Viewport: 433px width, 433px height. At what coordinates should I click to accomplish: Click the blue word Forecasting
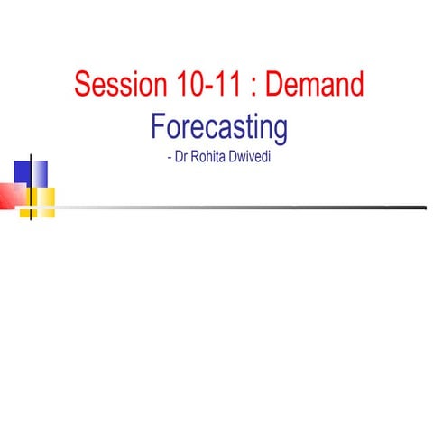click(219, 126)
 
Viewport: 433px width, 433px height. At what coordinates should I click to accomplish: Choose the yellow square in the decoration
click(41, 198)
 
